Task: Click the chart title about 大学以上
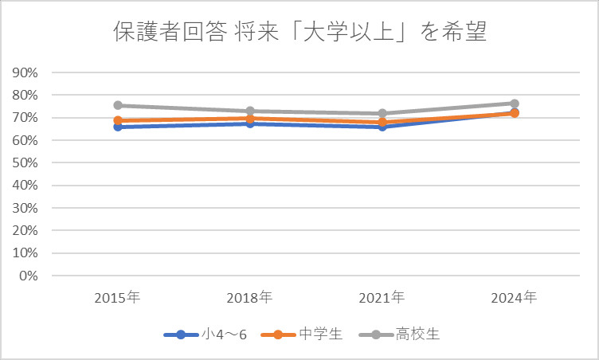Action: pyautogui.click(x=299, y=34)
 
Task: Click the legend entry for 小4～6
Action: pyautogui.click(x=205, y=335)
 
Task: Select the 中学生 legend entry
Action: pyautogui.click(x=307, y=335)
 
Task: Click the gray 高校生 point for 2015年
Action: pyautogui.click(x=118, y=105)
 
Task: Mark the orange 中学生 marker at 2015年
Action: pyautogui.click(x=118, y=120)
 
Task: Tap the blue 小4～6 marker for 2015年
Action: pyautogui.click(x=118, y=127)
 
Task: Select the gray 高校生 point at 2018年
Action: pyautogui.click(x=249, y=112)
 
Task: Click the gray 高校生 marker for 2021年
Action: pyautogui.click(x=382, y=113)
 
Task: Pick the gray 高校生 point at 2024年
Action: pyautogui.click(x=514, y=104)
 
